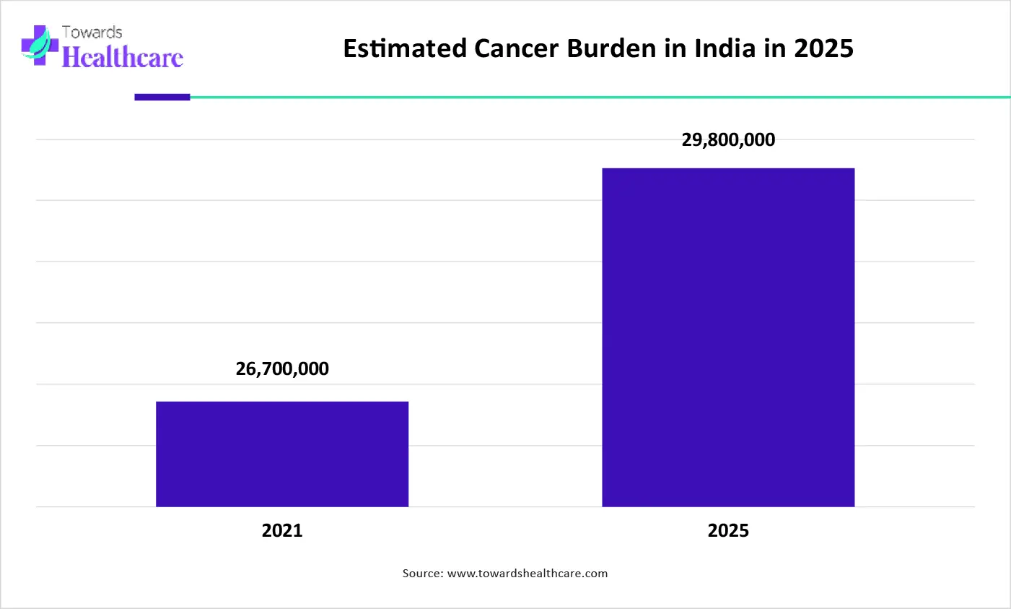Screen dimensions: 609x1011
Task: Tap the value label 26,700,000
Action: click(282, 368)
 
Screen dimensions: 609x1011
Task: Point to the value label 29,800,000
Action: click(728, 139)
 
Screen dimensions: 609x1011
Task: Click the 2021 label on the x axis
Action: click(282, 530)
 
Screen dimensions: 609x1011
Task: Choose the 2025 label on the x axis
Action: click(728, 530)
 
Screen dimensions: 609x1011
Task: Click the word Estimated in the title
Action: click(405, 48)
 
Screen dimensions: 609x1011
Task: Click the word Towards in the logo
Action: click(92, 32)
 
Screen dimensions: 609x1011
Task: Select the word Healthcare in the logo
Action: click(123, 57)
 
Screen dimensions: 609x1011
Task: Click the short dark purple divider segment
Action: click(162, 97)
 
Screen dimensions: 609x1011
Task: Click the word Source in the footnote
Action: click(421, 574)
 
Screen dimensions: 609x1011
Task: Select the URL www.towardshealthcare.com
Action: click(528, 574)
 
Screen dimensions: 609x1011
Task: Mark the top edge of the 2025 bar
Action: click(728, 169)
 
